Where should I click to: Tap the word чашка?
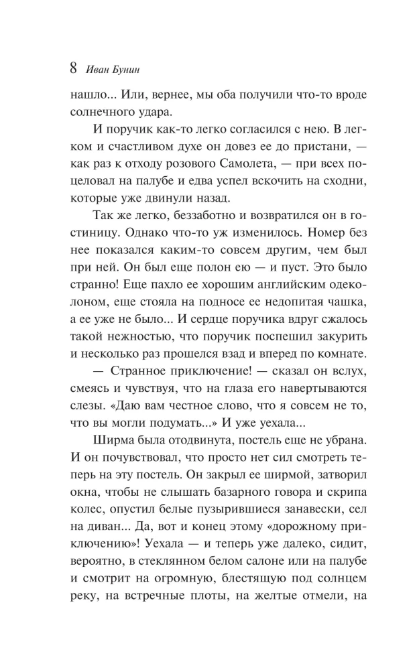point(324,273)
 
